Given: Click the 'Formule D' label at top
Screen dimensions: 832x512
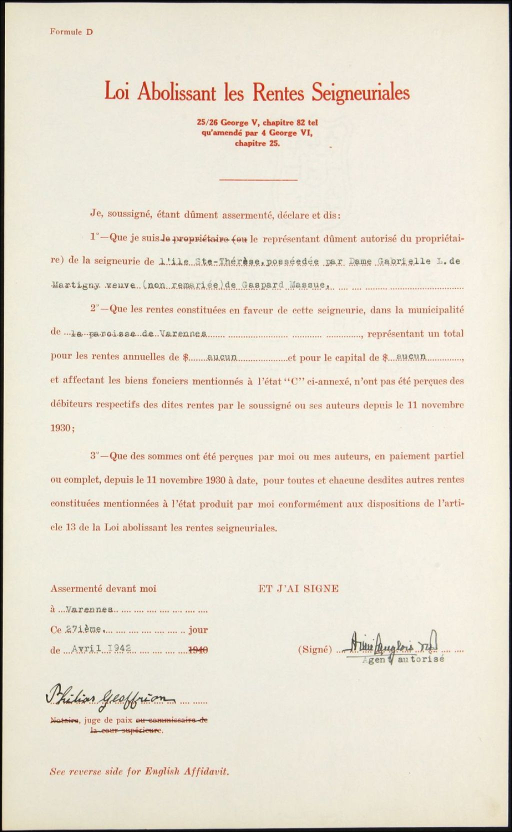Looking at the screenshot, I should coord(71,32).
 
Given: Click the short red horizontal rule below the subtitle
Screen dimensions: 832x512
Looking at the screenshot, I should coord(258,179).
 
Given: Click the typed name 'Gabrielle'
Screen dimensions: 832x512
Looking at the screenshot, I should coord(404,262).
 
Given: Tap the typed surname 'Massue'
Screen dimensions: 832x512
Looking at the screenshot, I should coord(310,285).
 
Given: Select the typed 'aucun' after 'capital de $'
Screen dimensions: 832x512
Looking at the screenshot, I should coord(410,356).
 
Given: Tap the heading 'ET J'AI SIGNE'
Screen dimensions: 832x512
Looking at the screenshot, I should coord(298,588).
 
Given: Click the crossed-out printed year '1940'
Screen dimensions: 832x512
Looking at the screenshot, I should coord(197,650).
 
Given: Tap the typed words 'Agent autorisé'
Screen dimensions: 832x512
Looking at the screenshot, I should coord(403,659).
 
